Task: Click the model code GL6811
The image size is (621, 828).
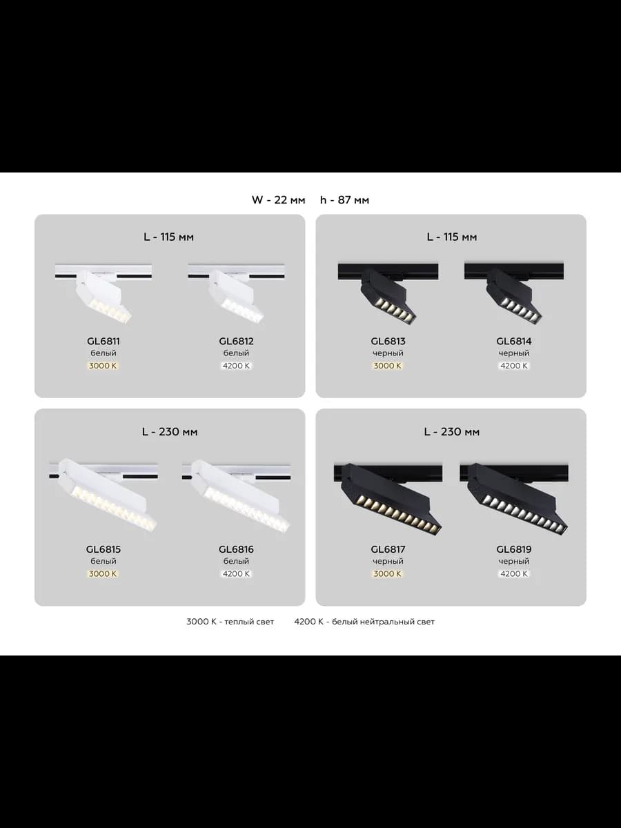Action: [x=103, y=341]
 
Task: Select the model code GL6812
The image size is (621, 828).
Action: [x=237, y=341]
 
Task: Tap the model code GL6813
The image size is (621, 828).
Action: [x=388, y=341]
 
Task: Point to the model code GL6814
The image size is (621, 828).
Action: [x=514, y=341]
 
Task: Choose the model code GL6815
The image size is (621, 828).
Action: [x=103, y=549]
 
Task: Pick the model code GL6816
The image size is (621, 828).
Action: [x=237, y=549]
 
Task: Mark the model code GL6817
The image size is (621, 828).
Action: [x=388, y=549]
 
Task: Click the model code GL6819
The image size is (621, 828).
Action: [x=514, y=549]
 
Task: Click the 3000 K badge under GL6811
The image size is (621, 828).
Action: [x=103, y=366]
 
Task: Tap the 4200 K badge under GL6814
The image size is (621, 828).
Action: [x=514, y=366]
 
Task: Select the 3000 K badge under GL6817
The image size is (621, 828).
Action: [x=388, y=574]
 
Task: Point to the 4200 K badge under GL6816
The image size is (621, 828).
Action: [x=236, y=574]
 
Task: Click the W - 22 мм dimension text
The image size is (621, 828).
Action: [x=278, y=200]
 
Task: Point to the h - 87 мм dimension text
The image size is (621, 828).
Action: [x=344, y=200]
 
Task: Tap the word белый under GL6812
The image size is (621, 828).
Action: [x=236, y=353]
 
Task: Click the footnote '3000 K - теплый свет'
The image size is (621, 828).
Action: [x=230, y=622]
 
